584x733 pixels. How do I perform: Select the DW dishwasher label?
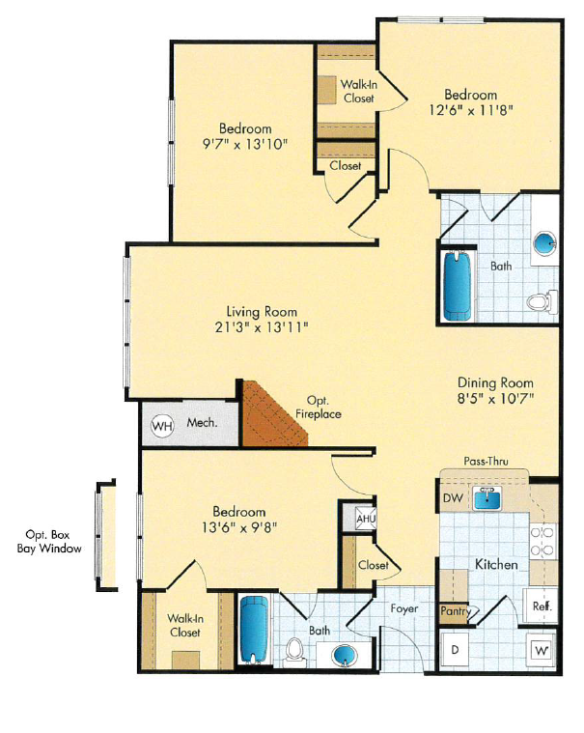point(453,498)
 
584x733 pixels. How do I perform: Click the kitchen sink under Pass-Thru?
point(491,497)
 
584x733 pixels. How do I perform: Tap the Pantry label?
point(454,610)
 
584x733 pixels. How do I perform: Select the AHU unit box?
point(366,518)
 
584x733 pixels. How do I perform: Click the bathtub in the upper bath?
point(458,286)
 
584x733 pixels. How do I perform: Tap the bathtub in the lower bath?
point(254,631)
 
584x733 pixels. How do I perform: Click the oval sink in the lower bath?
point(345,657)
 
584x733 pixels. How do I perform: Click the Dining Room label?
point(495,381)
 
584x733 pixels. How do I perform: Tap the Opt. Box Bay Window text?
point(48,541)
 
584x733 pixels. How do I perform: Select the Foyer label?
point(403,609)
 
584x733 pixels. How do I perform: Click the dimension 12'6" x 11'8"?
point(470,110)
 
